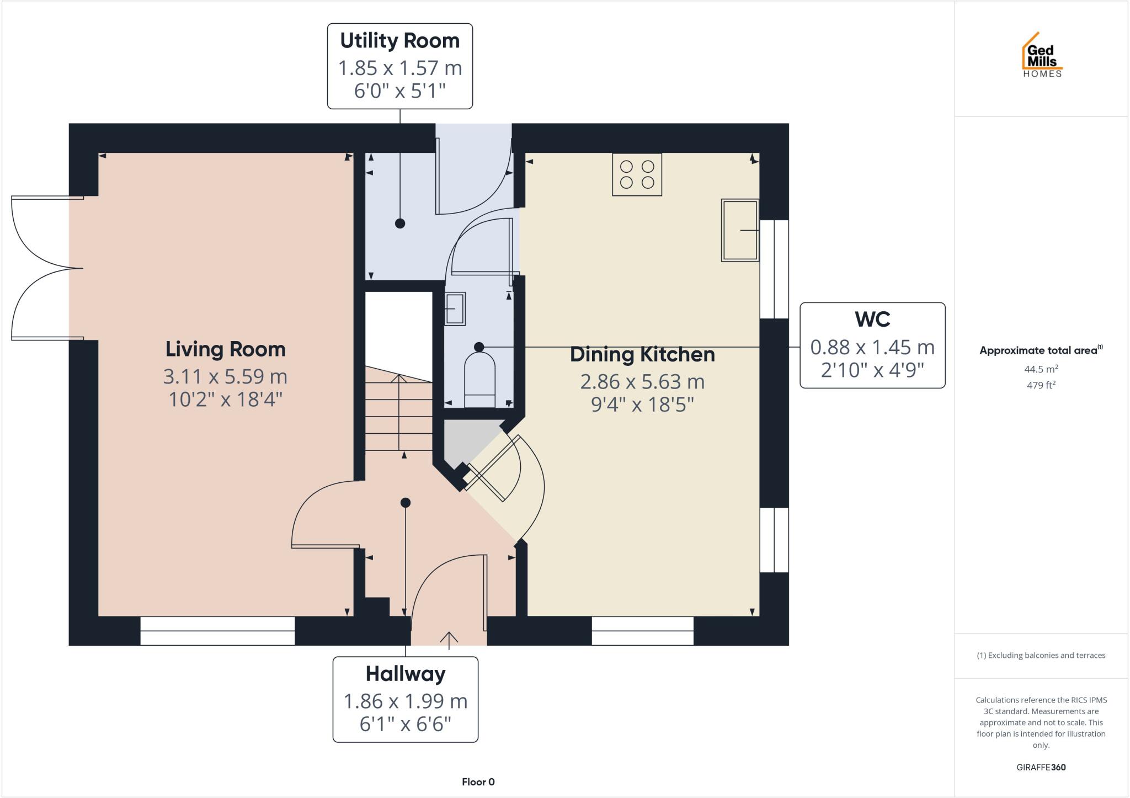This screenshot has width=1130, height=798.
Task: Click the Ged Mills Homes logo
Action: tap(1042, 55)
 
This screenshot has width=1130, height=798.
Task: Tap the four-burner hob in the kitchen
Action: tap(637, 174)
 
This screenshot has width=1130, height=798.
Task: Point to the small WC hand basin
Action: tap(455, 308)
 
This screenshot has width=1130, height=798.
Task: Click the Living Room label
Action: tap(225, 349)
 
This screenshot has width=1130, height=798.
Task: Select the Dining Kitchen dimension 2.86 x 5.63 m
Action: tap(642, 381)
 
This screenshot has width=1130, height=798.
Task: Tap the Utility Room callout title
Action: tap(399, 41)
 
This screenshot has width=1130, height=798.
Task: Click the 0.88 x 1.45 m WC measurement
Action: tap(872, 347)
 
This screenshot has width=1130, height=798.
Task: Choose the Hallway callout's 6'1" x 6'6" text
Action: tap(405, 723)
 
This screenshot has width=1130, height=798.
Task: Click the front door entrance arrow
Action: tap(449, 640)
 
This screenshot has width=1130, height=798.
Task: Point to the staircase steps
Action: tap(398, 414)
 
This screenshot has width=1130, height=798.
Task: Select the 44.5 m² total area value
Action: tap(1041, 369)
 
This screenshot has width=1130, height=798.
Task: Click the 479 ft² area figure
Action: tap(1041, 385)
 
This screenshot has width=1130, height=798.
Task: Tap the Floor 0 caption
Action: tap(478, 781)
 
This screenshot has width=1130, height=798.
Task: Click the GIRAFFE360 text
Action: tap(1041, 767)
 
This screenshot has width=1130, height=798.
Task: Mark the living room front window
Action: tap(217, 631)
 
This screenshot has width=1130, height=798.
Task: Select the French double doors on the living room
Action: tap(47, 268)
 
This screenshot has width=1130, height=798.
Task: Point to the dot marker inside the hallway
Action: tap(406, 503)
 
